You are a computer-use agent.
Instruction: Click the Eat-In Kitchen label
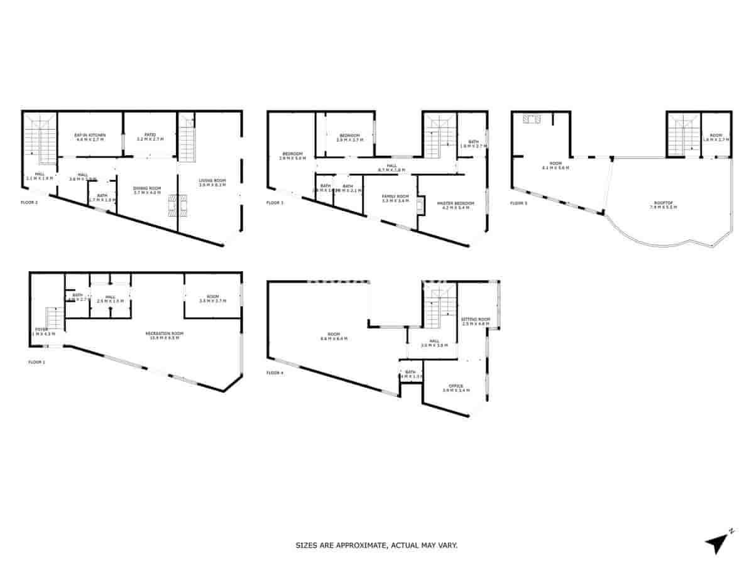click(x=90, y=135)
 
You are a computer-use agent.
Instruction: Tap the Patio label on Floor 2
click(x=150, y=135)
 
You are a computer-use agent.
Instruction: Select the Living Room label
click(x=212, y=181)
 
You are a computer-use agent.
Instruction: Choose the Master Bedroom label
click(x=456, y=203)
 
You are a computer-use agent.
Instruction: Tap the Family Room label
click(x=395, y=196)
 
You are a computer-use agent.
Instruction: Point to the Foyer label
click(x=41, y=329)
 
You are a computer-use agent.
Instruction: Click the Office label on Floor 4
click(x=456, y=386)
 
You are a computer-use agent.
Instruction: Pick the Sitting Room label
click(x=475, y=320)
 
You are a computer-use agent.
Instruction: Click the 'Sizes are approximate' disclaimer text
click(x=376, y=546)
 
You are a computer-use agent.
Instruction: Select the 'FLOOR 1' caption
click(x=37, y=362)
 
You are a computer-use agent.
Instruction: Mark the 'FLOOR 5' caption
click(x=518, y=203)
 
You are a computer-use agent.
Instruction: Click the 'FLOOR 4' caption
click(x=275, y=373)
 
